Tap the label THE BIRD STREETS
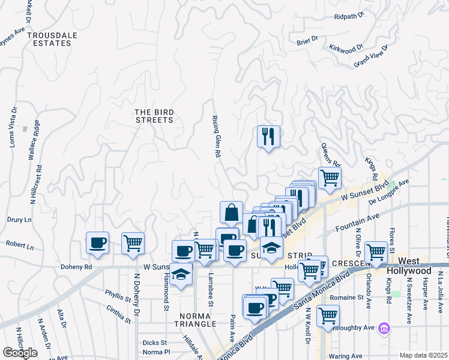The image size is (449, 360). (x=154, y=116)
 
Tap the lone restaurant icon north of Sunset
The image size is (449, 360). (x=268, y=136)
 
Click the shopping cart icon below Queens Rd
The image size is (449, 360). (x=330, y=178)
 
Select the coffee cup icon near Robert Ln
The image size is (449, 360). (x=97, y=242)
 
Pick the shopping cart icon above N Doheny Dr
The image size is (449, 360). (x=133, y=242)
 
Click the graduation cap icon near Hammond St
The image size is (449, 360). (x=181, y=274)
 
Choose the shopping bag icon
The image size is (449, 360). (x=231, y=212)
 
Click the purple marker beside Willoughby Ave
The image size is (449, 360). (x=385, y=329)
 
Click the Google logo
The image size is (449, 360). (x=20, y=352)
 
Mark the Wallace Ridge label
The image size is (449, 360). (x=35, y=140)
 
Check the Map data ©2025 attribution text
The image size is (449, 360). (x=423, y=355)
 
